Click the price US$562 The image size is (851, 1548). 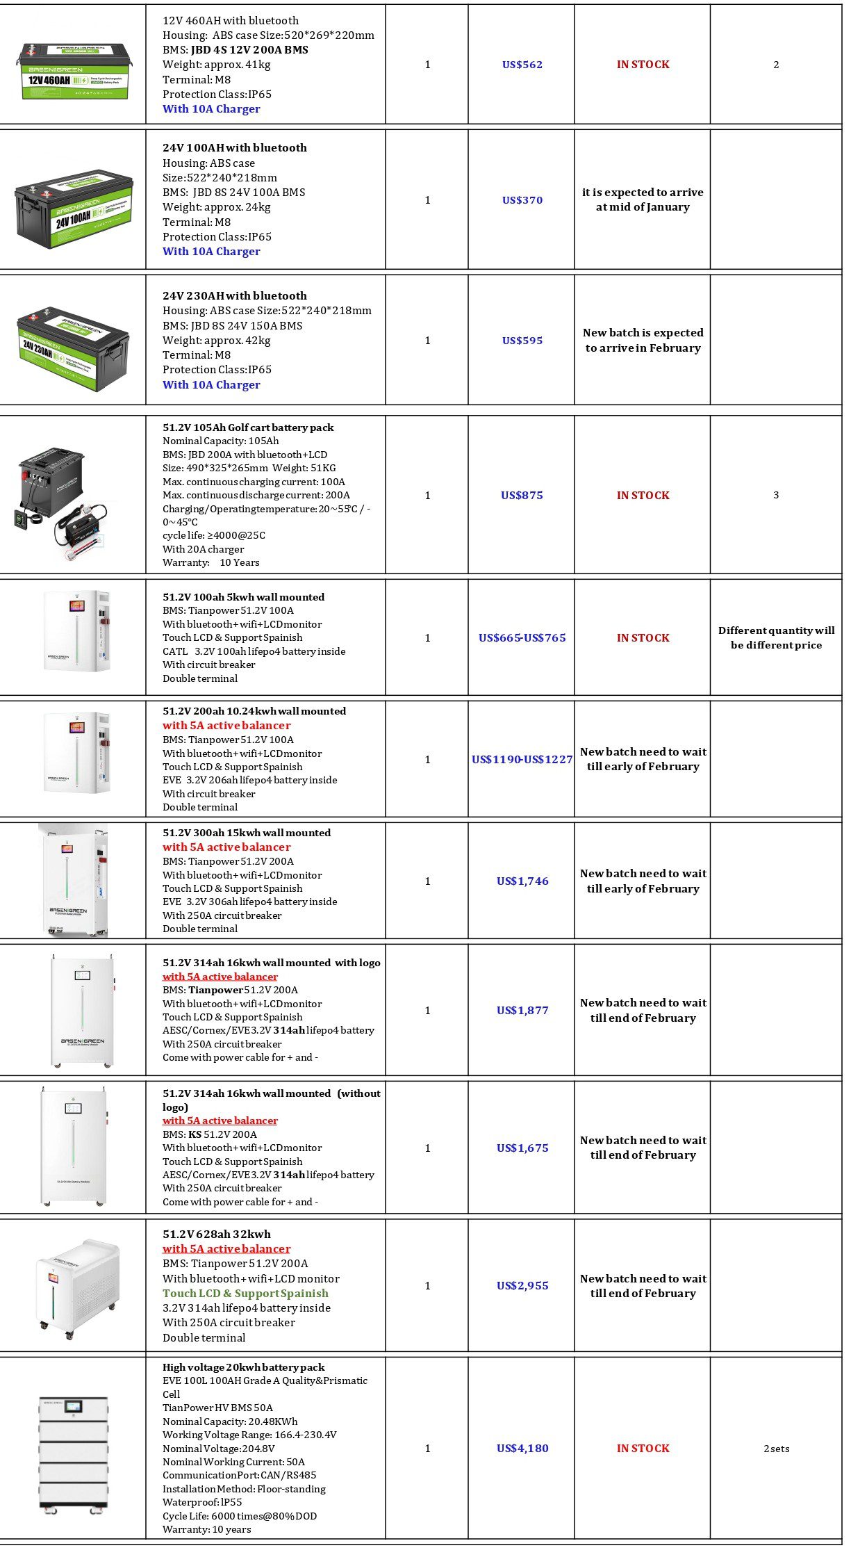pyautogui.click(x=522, y=65)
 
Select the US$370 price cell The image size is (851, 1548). pyautogui.click(x=522, y=200)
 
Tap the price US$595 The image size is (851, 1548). pyautogui.click(x=522, y=341)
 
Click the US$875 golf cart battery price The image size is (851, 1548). pyautogui.click(x=522, y=496)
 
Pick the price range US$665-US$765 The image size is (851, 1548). pyautogui.click(x=522, y=638)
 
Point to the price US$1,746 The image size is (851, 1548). pyautogui.click(x=522, y=881)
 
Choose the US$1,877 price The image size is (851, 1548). pyautogui.click(x=522, y=1011)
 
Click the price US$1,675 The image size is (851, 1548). pyautogui.click(x=522, y=1148)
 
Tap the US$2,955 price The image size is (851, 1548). pyautogui.click(x=522, y=1286)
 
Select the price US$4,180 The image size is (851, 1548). pyautogui.click(x=522, y=1449)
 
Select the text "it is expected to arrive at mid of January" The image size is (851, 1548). pyautogui.click(x=643, y=199)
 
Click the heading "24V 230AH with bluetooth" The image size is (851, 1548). pyautogui.click(x=234, y=296)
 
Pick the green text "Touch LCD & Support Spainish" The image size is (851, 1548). pyautogui.click(x=245, y=1294)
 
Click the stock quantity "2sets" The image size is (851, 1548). pyautogui.click(x=776, y=1449)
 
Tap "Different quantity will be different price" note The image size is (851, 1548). pyautogui.click(x=776, y=638)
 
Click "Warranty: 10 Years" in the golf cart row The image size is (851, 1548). pyautogui.click(x=211, y=563)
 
